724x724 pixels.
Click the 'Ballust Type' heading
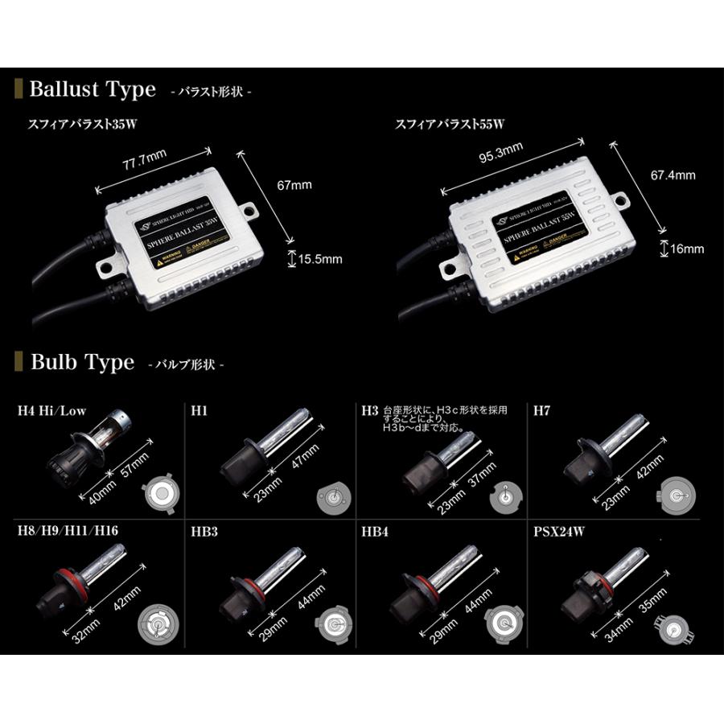tap(92, 89)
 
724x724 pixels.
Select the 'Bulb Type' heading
tap(82, 363)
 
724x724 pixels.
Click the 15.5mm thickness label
tap(320, 259)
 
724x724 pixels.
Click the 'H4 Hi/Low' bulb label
tap(51, 410)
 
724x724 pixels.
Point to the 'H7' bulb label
tap(542, 410)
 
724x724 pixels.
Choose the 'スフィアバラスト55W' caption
tap(449, 125)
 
